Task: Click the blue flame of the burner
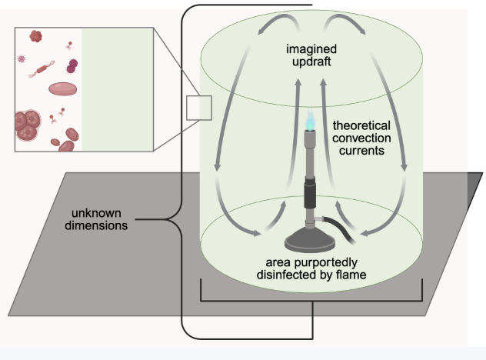tap(310, 120)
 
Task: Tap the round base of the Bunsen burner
tap(310, 241)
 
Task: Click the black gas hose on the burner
tap(338, 229)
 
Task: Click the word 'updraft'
tap(311, 62)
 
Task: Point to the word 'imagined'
tap(311, 49)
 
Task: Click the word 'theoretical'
tap(361, 125)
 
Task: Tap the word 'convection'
tap(361, 138)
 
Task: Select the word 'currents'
tap(361, 151)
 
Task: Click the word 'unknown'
tap(96, 213)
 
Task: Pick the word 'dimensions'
tap(96, 225)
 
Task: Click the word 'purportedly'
tap(325, 263)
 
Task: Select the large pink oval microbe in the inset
tap(62, 89)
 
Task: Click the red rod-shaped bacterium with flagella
tap(42, 69)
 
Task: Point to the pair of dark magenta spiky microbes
tap(72, 66)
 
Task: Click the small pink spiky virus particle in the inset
tap(22, 58)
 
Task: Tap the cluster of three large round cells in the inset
tap(27, 125)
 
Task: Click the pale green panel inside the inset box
tap(117, 89)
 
